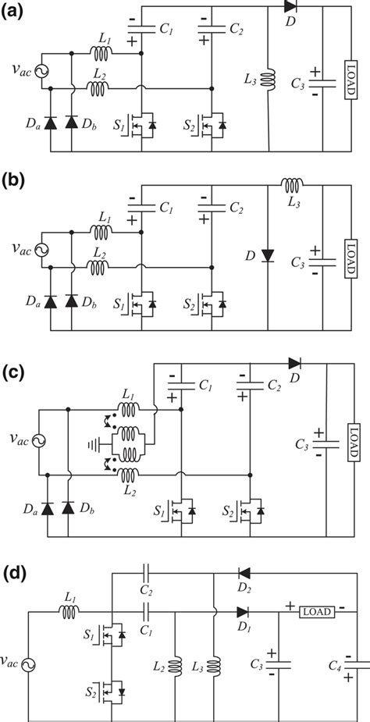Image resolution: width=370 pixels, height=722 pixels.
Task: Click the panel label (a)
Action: (16, 11)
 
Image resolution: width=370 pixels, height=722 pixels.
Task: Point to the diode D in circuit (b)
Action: (268, 255)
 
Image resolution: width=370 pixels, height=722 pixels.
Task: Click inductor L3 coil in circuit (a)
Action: (268, 80)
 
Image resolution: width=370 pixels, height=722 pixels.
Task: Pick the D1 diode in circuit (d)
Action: (244, 613)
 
